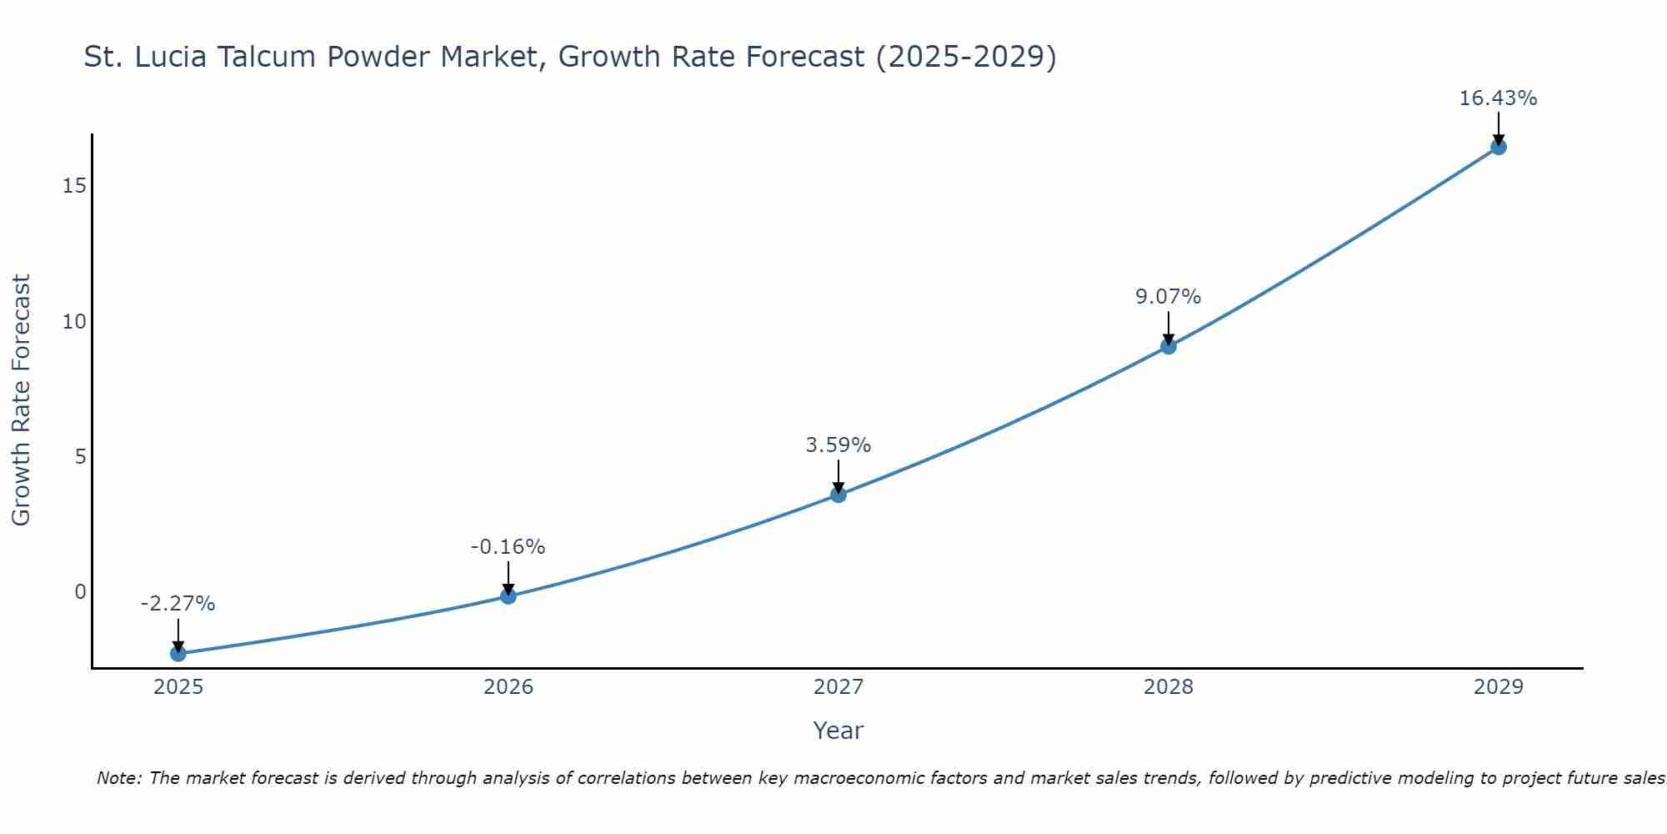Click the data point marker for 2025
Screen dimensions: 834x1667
(x=178, y=653)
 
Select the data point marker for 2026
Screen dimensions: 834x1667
(x=508, y=595)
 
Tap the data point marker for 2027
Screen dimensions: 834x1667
(x=838, y=495)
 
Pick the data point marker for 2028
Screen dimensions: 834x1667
(x=1168, y=346)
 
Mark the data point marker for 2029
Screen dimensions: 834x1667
(x=1498, y=147)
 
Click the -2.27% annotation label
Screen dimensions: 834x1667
(x=178, y=604)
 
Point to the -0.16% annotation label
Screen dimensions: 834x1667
(x=508, y=547)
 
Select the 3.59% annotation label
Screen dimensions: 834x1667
(x=838, y=445)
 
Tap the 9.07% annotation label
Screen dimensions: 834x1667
(x=1168, y=297)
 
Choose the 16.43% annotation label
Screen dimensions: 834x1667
(x=1498, y=98)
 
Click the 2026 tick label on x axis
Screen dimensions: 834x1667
(x=508, y=687)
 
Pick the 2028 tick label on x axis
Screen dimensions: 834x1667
(x=1168, y=687)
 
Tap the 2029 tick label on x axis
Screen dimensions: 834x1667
(x=1498, y=687)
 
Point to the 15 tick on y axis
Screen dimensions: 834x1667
(x=74, y=185)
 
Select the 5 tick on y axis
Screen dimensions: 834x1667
(x=80, y=456)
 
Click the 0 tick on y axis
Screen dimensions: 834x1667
(x=80, y=592)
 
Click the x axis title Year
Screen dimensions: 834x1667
(x=838, y=731)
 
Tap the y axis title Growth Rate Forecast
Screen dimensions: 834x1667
(x=21, y=400)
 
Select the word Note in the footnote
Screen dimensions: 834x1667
(x=118, y=778)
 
